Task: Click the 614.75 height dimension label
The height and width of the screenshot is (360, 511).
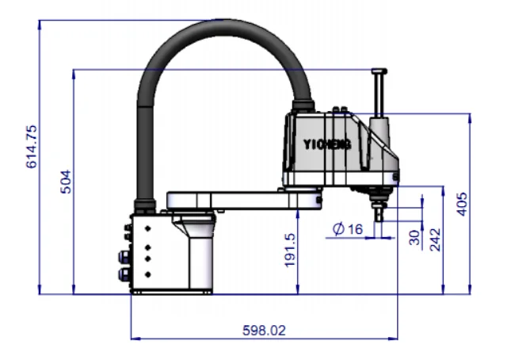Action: pos(32,146)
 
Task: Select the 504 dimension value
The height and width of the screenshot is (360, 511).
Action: pos(67,182)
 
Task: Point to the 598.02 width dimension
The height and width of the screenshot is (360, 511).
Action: pos(261,329)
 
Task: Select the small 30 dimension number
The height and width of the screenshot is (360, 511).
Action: pos(415,237)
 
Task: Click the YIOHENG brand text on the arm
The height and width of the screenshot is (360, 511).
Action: pos(327,144)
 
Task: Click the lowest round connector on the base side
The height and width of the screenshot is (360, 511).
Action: pos(124,274)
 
